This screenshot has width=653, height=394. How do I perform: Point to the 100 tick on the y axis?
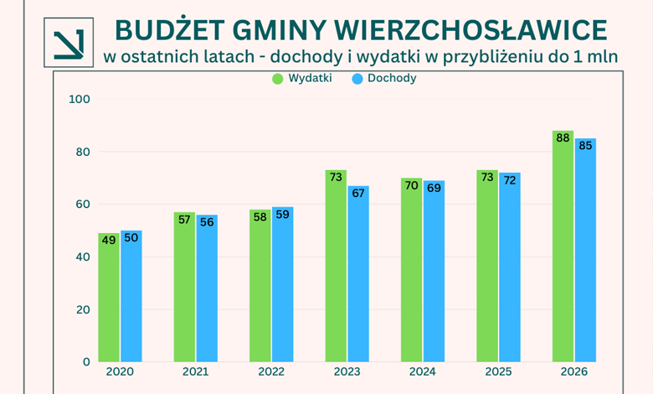(80, 100)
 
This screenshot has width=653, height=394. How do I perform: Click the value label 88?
(563, 137)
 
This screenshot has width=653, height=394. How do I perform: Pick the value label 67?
(358, 193)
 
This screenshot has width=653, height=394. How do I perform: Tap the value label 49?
(109, 240)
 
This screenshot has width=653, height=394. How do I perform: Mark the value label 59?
(283, 214)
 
